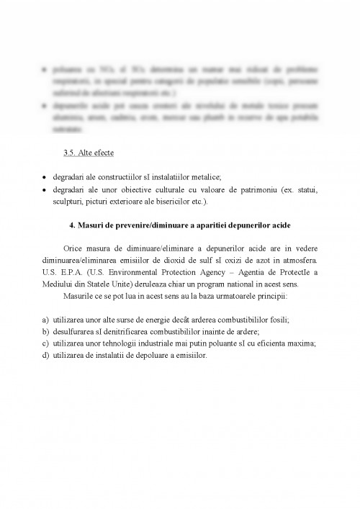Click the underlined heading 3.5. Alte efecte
click(89, 154)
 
